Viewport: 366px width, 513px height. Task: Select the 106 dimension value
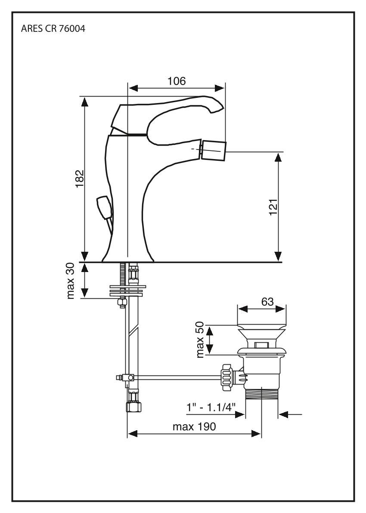coord(177,81)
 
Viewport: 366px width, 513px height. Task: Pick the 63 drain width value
coord(267,302)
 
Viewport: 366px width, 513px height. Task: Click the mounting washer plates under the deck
coord(128,289)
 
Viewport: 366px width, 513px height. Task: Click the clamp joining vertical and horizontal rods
coord(128,378)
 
